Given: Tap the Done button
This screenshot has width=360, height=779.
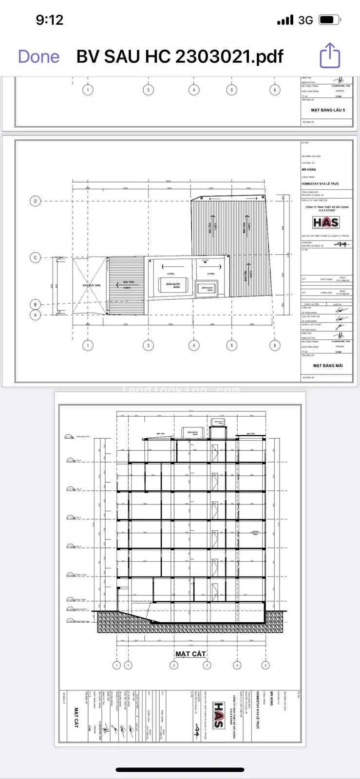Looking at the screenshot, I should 38,56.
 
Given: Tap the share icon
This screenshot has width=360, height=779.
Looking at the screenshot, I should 330,56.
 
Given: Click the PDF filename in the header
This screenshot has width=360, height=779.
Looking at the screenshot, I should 180,56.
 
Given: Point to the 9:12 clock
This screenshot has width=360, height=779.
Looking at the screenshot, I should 50,20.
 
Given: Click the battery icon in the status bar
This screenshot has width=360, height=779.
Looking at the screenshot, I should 330,20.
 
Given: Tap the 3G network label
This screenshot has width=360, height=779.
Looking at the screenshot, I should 305,20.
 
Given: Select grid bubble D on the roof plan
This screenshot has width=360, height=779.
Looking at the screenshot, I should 35,201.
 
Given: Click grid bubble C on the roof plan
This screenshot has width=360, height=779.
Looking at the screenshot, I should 35,258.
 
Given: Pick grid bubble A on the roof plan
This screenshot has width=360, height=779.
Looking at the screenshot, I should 35,315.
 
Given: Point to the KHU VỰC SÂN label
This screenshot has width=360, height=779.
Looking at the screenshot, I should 91,285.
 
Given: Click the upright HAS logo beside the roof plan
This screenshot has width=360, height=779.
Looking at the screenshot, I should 326,223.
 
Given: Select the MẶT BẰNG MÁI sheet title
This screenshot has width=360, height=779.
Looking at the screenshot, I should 328,366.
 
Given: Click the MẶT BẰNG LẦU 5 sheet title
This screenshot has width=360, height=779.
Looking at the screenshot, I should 328,110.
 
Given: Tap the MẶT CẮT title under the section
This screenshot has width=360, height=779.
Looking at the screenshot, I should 190,654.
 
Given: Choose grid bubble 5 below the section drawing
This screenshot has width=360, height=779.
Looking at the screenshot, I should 265,665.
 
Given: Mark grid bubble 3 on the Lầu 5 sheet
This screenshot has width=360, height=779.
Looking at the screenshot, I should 149,90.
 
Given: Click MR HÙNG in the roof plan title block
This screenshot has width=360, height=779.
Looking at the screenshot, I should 308,170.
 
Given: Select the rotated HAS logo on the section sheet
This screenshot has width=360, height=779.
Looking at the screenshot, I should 219,715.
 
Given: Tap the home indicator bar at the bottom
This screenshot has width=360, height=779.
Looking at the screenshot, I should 180,770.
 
